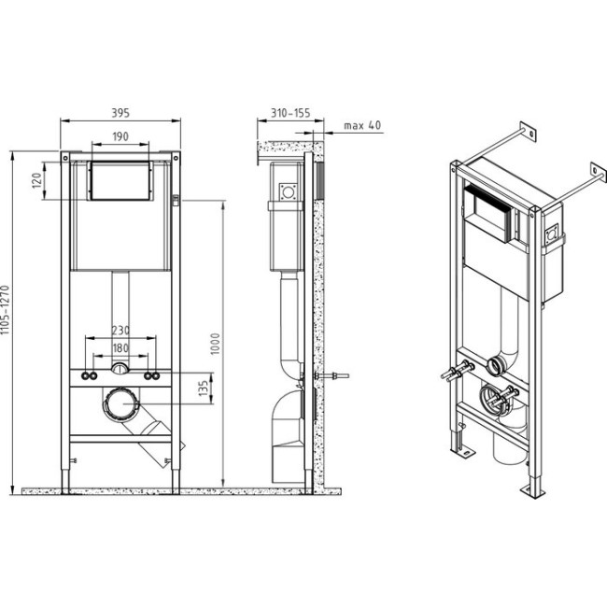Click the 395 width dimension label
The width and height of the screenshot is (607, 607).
[x=120, y=113]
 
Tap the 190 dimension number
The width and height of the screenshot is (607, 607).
[x=120, y=136]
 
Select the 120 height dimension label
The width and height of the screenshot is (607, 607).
[x=36, y=181]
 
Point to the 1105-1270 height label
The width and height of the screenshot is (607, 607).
[x=5, y=310]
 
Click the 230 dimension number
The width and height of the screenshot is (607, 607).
[x=120, y=331]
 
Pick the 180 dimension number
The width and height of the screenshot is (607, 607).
[x=120, y=348]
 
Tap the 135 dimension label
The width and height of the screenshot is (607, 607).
[x=204, y=388]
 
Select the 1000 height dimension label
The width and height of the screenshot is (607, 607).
[x=215, y=344]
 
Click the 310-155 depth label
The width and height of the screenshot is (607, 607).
[x=290, y=113]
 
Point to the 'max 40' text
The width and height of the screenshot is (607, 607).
[x=362, y=125]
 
